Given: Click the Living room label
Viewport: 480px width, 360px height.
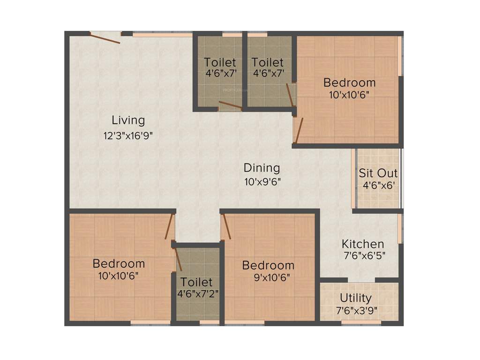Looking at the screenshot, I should coord(128,120).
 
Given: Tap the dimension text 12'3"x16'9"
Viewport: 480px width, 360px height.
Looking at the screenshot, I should coord(128,136).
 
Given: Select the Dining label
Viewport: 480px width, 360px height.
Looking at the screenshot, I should coord(262,168).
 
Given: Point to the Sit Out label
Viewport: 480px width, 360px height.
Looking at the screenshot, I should coord(378,172).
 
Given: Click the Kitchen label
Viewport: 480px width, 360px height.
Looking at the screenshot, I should coord(363,244).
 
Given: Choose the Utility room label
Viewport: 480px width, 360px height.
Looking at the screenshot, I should coord(356,298).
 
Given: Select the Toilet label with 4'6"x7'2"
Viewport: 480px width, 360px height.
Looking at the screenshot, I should coord(197,282).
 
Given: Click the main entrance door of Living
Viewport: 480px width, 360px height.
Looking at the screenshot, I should coord(105,38).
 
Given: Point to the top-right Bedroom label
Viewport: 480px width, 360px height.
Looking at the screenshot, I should coord(350,82).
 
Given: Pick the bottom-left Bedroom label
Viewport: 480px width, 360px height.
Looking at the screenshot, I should coord(119,263).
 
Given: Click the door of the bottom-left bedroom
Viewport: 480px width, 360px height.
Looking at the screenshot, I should coord(170,226).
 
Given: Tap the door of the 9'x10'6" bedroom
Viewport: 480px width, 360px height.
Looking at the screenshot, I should coord(226,226).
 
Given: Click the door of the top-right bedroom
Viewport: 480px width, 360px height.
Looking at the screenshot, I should coord(299,129).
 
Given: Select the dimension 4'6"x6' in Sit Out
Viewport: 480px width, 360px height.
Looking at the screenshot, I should coord(378,185).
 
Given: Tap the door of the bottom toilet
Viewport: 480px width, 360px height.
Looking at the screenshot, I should coord(178,259).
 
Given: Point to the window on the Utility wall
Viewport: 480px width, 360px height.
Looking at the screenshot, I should coord(358,322).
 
